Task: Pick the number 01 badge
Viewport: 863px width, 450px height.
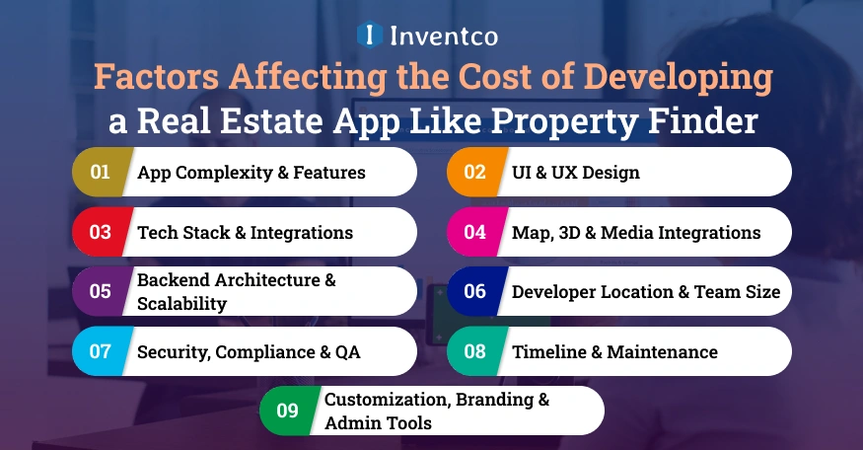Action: [x=100, y=172]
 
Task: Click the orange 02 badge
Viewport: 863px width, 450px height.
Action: [x=474, y=172]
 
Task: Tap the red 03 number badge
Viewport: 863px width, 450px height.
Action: [x=100, y=232]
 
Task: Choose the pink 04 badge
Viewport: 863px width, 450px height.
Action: [x=474, y=232]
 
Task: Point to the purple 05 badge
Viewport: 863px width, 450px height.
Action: [x=100, y=292]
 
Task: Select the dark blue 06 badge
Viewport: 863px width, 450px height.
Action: [x=474, y=292]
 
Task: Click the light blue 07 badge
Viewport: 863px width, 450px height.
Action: [x=100, y=351]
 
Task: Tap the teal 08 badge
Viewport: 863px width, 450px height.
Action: [x=474, y=351]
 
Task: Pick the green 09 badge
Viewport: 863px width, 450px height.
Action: [x=287, y=411]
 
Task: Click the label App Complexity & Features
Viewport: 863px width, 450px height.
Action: [x=252, y=173]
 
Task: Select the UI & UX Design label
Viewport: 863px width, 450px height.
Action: [x=576, y=173]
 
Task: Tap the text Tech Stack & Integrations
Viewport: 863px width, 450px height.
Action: [x=245, y=233]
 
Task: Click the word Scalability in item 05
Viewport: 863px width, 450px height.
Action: [x=181, y=303]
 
